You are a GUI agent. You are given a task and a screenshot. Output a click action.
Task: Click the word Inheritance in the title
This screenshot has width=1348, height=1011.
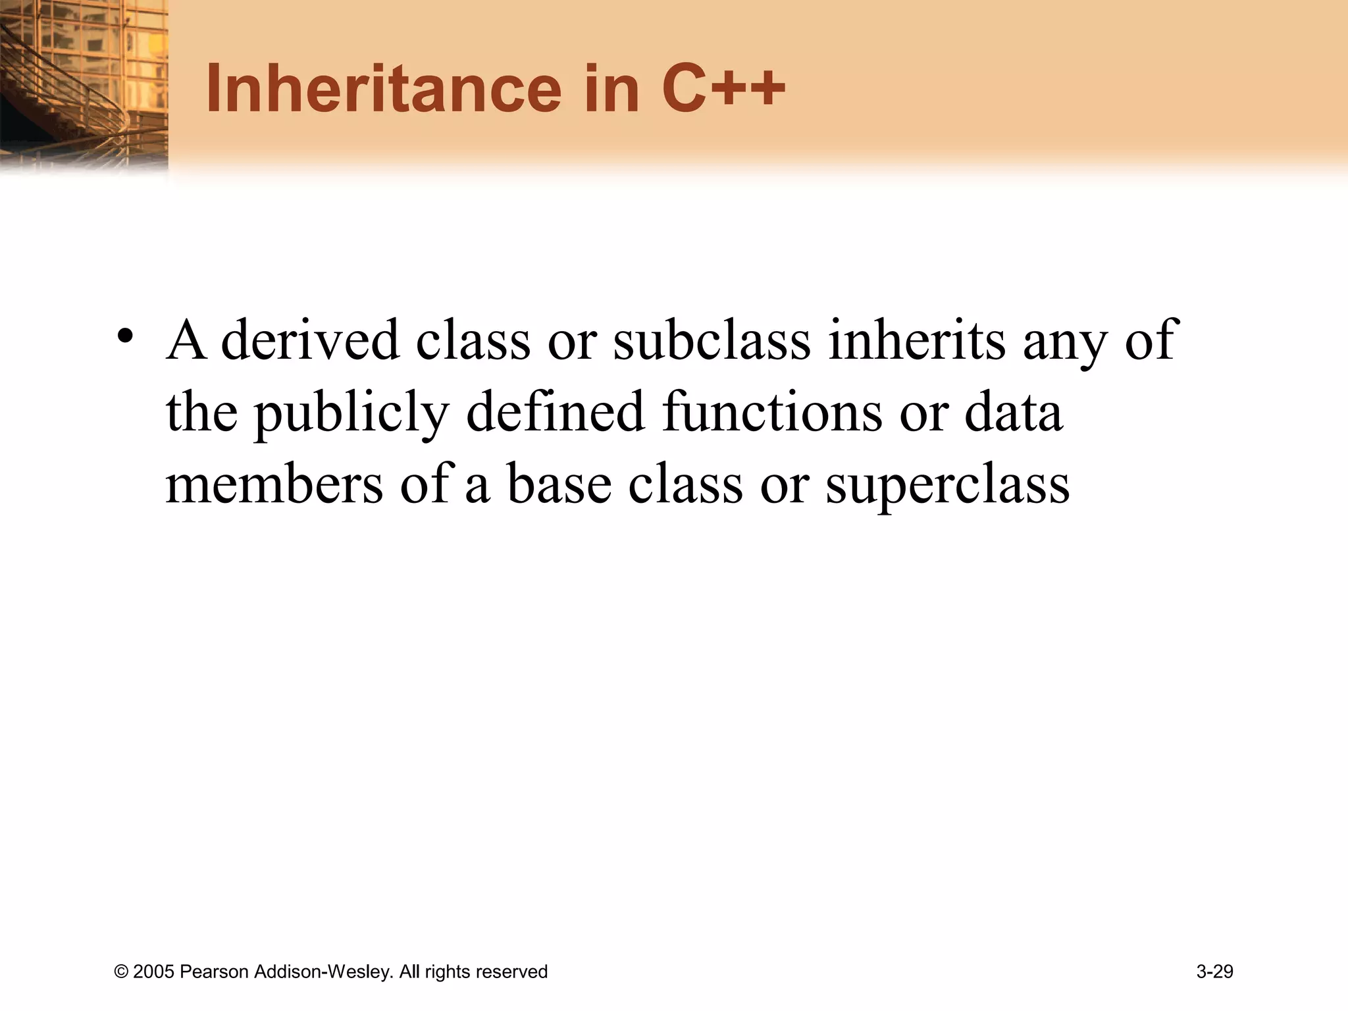point(384,90)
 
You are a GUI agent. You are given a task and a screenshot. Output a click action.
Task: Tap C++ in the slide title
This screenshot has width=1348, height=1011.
point(723,90)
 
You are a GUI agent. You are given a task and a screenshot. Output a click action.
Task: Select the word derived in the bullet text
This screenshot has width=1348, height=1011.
point(310,340)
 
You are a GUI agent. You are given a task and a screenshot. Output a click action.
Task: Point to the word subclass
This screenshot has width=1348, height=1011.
point(712,340)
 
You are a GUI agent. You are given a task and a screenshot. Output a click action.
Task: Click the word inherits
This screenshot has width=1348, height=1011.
point(916,340)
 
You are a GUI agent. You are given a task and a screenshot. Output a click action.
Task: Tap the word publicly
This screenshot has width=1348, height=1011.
point(351,413)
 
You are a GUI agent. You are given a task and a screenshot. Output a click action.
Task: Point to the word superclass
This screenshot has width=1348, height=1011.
point(947,485)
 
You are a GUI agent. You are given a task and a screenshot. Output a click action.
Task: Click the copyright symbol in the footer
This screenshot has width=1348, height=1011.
point(121,972)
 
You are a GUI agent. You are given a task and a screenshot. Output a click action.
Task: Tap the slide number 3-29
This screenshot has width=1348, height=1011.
point(1214,972)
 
